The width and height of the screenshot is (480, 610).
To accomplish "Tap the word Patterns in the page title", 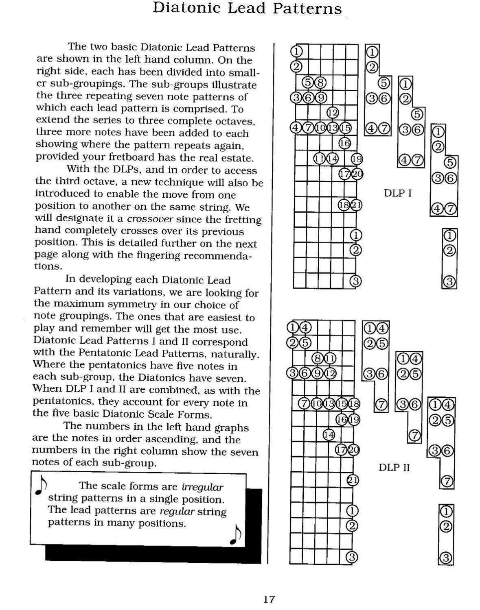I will (x=307, y=9).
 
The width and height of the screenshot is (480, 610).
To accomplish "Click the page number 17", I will (x=269, y=599).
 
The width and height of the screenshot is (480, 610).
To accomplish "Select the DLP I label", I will (x=397, y=193).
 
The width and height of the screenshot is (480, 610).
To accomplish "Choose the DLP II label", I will (x=394, y=467).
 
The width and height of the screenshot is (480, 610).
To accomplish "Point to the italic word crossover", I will (x=150, y=219).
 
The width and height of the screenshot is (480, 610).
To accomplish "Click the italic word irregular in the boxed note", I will (x=202, y=487).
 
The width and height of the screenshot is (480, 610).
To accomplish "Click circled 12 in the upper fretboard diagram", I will (x=333, y=112).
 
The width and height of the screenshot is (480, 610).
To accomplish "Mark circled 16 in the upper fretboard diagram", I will (x=345, y=143).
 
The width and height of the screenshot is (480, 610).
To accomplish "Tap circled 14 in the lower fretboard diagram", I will (x=329, y=435).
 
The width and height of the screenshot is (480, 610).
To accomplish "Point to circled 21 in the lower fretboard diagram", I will (x=352, y=480).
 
